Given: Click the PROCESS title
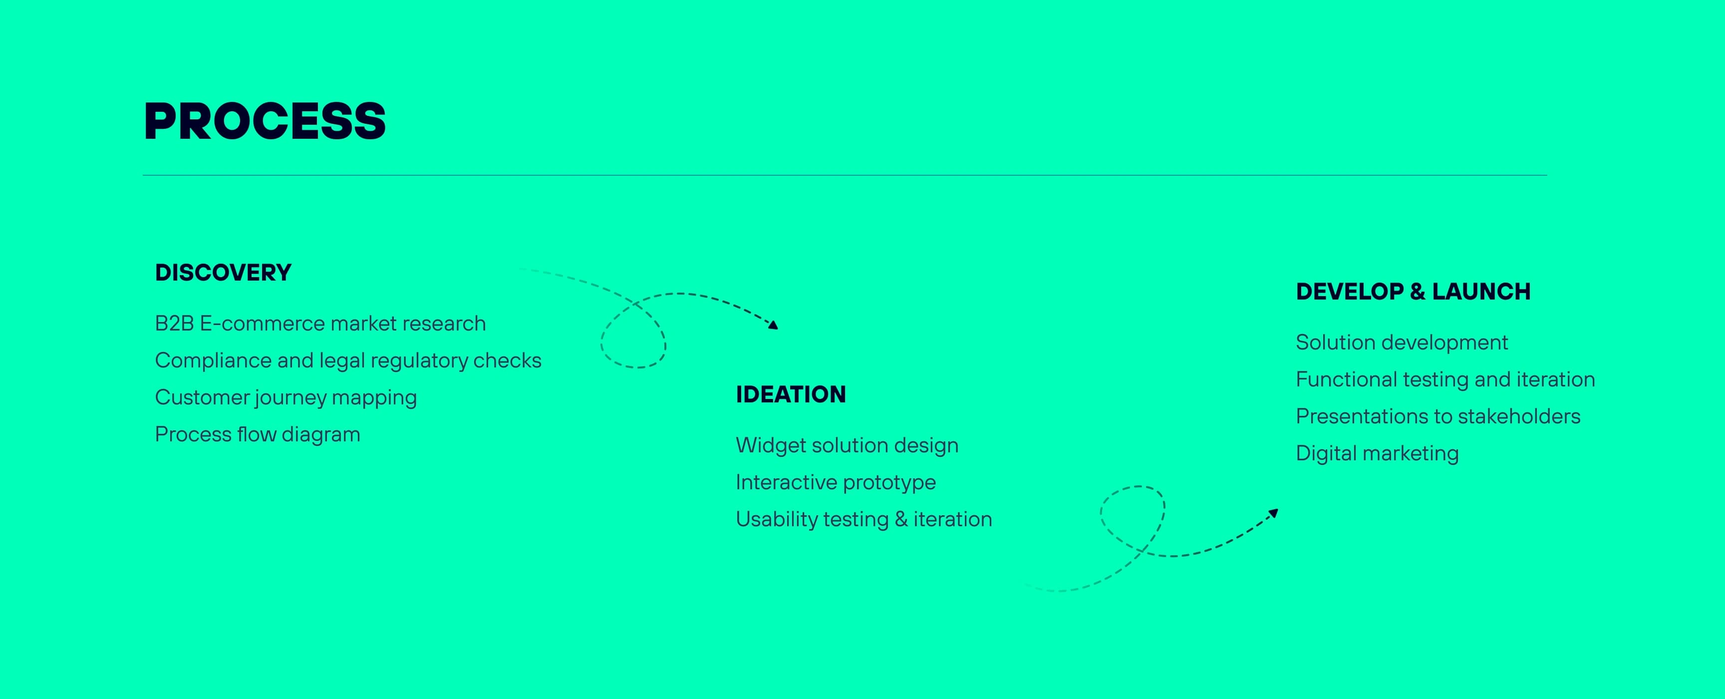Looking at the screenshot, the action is coord(265,121).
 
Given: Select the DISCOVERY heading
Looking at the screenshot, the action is coord(223,273).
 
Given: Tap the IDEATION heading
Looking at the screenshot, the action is coord(791,394).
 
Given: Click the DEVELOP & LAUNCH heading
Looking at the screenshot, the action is coord(1413,291).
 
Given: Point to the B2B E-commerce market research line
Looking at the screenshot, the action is coord(320,324).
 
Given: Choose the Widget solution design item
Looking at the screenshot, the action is coord(847,445).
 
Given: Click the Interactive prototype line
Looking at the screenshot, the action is coord(836,482).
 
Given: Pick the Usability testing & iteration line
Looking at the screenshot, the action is coord(864,519).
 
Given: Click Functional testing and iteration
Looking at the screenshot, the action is coord(1445,379).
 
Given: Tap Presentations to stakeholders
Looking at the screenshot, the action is coord(1437,416).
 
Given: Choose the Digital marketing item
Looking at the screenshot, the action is coord(1377,453).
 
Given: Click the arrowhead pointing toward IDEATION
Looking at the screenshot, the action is coord(774,325).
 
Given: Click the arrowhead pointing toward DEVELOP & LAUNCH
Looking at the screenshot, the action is coord(1274,514).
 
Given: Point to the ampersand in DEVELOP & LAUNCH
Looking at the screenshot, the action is coord(1417,291).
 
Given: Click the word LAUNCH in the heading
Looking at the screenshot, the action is coord(1481,291).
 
